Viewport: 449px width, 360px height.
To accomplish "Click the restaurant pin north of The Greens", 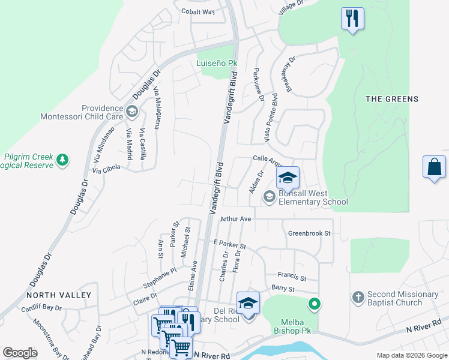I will coord(352,18).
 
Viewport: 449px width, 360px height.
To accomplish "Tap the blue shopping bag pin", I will coord(434,167).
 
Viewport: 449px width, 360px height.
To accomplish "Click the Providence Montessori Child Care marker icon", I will coord(131,110).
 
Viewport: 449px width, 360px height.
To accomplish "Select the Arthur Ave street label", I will coord(235,220).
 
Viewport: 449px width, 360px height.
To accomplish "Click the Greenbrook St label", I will coord(309,233).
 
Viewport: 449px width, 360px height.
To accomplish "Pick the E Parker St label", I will coord(230,245).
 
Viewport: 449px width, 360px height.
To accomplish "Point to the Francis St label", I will coord(292,277).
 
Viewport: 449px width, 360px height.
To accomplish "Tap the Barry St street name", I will coord(283,289).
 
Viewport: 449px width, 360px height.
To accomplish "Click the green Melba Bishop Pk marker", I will coord(314,305).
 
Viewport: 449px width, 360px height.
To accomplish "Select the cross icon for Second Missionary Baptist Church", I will coord(357,298).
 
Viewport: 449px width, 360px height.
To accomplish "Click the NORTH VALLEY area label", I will coord(59,295).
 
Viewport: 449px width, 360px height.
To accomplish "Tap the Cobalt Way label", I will coord(199,11).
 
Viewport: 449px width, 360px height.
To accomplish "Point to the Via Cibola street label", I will coord(106,170).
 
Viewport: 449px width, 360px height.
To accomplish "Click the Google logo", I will coord(20,353).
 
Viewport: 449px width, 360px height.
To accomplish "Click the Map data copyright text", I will coord(411,355).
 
